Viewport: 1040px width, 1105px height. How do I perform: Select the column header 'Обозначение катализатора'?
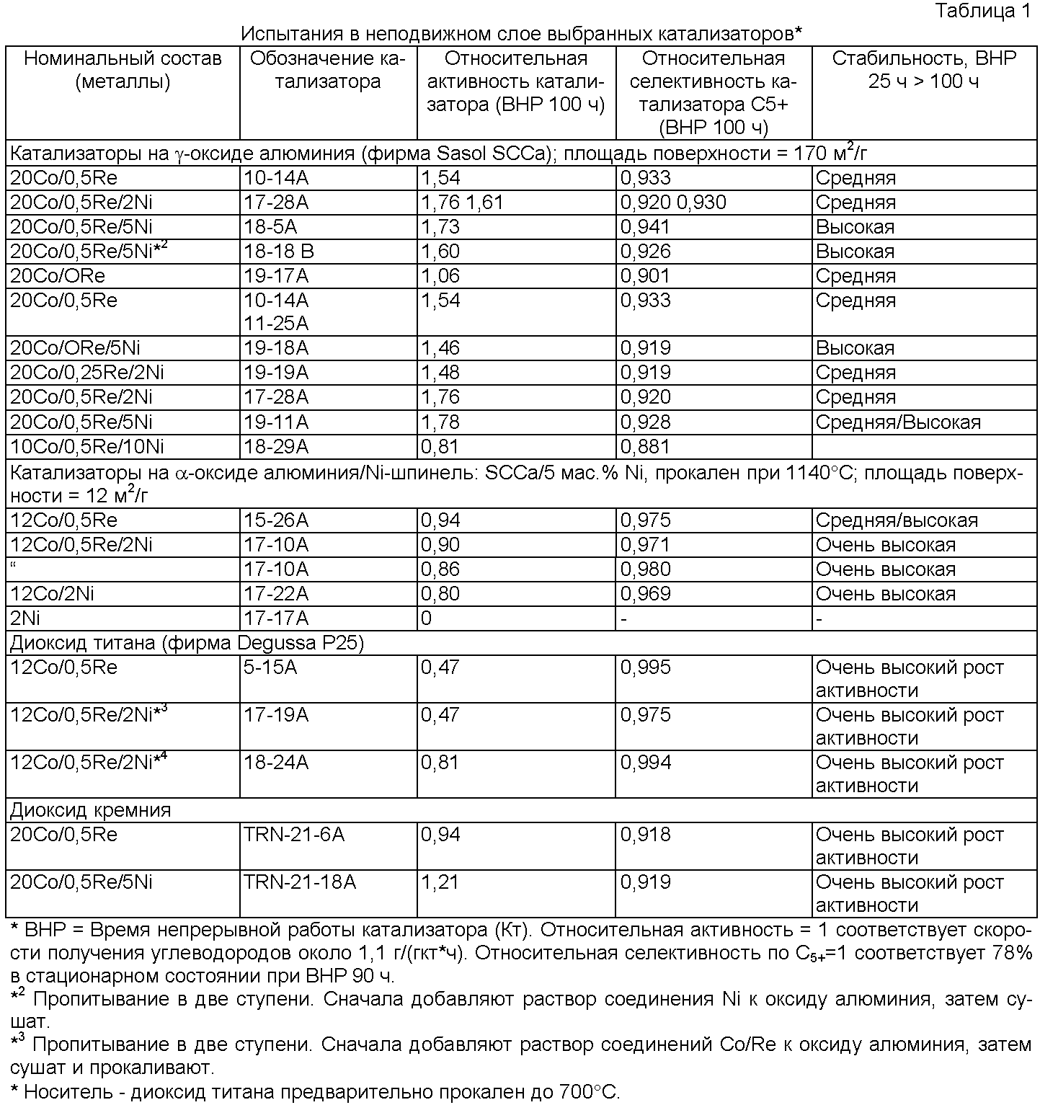(x=328, y=70)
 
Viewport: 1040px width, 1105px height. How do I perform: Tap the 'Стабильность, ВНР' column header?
(x=924, y=70)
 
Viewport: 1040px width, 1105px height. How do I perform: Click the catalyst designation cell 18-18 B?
(x=279, y=252)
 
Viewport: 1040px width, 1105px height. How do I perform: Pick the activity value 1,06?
(x=440, y=276)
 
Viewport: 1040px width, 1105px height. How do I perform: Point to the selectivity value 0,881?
(x=645, y=447)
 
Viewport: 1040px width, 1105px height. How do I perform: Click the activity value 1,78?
(x=440, y=422)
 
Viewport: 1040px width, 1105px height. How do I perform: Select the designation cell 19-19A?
(x=276, y=373)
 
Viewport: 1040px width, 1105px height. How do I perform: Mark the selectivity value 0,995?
(x=645, y=667)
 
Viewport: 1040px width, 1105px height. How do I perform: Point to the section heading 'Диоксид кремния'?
(x=91, y=810)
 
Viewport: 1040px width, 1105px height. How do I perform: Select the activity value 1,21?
(x=440, y=882)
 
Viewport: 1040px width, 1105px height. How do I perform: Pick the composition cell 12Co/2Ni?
(x=53, y=594)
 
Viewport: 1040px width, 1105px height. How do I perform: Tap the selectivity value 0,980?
(x=645, y=569)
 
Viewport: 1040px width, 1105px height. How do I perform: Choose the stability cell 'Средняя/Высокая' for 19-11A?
(x=898, y=422)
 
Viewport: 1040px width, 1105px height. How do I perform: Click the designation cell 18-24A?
(x=276, y=763)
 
